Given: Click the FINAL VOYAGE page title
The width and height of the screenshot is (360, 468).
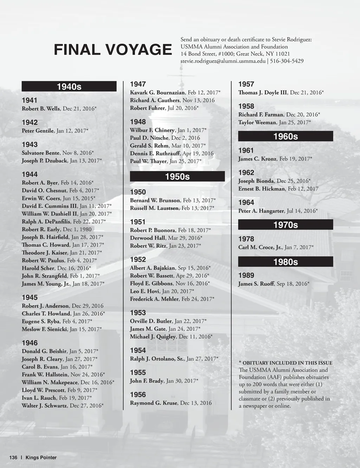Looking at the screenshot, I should [x=112, y=50].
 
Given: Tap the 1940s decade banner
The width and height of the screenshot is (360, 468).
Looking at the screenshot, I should [x=69, y=87].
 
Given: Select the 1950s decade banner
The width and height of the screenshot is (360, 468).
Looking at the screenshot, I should [x=177, y=177].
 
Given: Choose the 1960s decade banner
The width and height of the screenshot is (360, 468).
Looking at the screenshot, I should [x=285, y=137].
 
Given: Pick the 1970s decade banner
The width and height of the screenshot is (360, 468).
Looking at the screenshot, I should [x=285, y=225].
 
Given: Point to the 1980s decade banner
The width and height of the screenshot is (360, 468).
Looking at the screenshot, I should [x=285, y=262].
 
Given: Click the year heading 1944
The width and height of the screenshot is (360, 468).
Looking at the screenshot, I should [x=30, y=175].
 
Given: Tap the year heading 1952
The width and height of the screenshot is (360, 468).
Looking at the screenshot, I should [x=138, y=260].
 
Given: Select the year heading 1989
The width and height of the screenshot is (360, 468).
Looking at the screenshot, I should [x=246, y=276].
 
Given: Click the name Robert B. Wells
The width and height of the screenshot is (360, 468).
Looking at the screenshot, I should [x=41, y=109].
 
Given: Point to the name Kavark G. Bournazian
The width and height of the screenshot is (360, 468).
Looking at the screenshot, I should [x=157, y=93].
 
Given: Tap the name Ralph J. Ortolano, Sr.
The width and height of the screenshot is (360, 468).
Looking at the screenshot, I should [x=157, y=359].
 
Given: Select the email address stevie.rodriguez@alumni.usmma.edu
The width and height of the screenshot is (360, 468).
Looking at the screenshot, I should [x=223, y=61].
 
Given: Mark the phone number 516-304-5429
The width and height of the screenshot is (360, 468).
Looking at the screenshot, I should [x=287, y=61].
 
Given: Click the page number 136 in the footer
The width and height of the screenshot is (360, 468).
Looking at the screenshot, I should [x=13, y=458].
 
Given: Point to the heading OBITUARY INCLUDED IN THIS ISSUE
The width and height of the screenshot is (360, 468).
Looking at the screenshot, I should [x=287, y=363].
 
